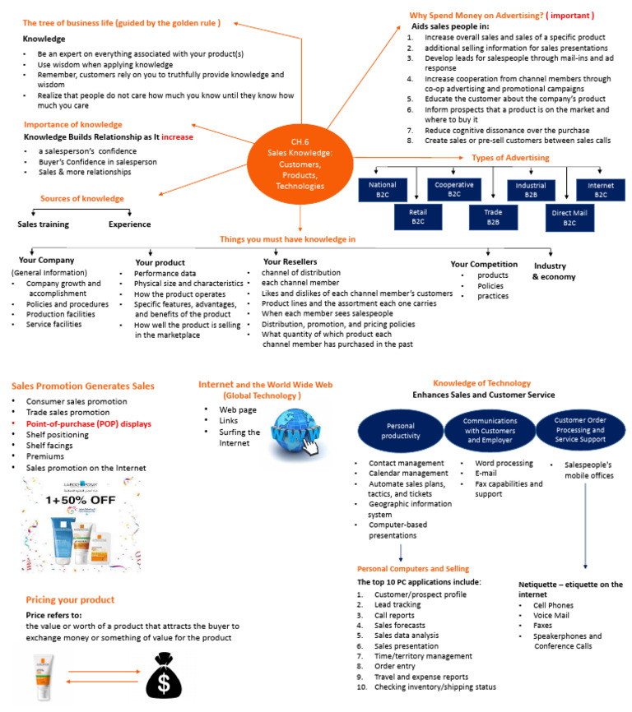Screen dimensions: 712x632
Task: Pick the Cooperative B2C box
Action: click(x=454, y=190)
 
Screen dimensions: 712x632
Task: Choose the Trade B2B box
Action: click(x=492, y=217)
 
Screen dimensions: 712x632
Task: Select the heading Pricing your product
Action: click(x=70, y=599)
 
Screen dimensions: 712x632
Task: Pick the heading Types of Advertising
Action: click(x=509, y=158)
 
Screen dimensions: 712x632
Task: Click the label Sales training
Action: click(x=43, y=224)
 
